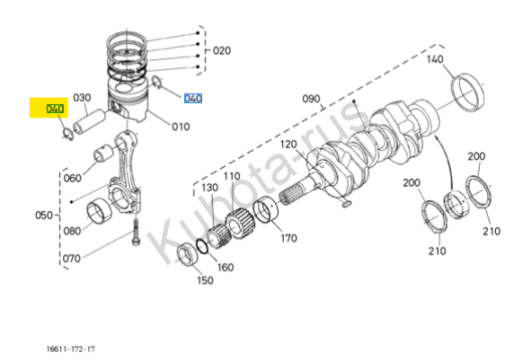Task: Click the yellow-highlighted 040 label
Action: click(x=55, y=109)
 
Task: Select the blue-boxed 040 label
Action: click(x=193, y=98)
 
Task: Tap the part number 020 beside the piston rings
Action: click(x=222, y=51)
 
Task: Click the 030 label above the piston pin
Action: click(x=82, y=98)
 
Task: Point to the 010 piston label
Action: click(x=181, y=127)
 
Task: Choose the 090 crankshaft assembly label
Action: click(x=311, y=99)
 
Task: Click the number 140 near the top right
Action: click(x=435, y=59)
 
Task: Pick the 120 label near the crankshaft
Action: click(x=288, y=145)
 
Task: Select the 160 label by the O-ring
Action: click(x=226, y=268)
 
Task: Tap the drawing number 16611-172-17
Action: click(x=71, y=349)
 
